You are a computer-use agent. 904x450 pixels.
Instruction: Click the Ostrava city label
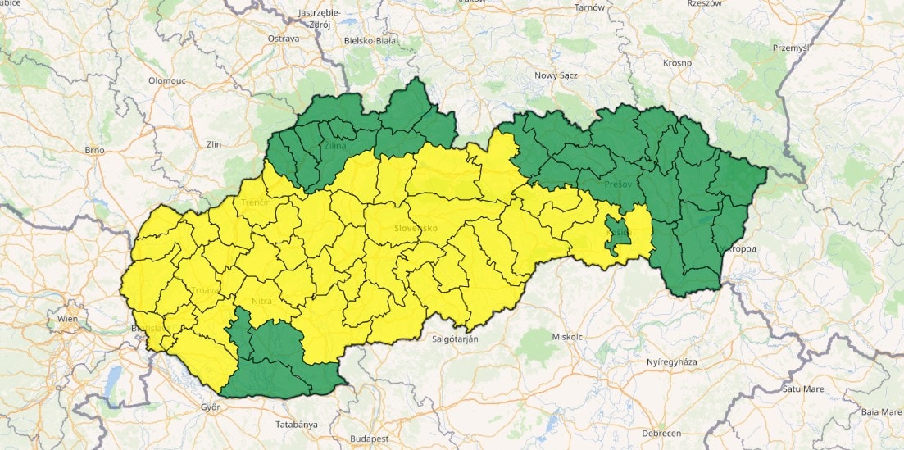coord(284,39)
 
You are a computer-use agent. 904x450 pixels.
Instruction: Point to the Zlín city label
coord(215,143)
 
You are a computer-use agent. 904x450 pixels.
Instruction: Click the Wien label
coord(68,317)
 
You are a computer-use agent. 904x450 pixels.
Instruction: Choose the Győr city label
coord(211,407)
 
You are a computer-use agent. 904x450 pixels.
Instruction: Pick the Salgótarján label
coord(455,338)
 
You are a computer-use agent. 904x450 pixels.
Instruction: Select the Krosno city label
coord(678,63)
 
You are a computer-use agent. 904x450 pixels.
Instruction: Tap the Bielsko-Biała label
coord(370,39)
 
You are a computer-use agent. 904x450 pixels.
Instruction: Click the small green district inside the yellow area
coord(619,233)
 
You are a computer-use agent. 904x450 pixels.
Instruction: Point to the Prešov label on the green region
coord(619,185)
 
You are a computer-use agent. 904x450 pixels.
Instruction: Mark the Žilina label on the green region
coord(334,147)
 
